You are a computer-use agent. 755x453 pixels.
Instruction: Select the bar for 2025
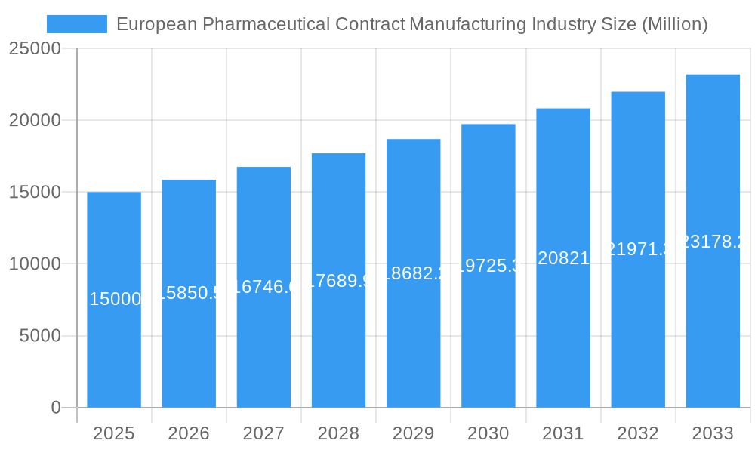[114, 347]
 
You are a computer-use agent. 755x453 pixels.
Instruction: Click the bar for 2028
[338, 340]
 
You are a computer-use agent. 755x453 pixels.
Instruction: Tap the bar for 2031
[563, 332]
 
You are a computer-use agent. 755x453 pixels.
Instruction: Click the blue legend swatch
[76, 24]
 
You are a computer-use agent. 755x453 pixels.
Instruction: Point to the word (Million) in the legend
[674, 24]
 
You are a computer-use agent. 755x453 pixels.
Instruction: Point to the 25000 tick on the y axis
[35, 48]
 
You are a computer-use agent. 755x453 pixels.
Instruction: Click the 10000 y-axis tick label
[35, 264]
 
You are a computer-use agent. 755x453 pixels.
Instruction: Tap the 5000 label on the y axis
[39, 336]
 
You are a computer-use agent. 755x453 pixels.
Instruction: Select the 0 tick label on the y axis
[55, 408]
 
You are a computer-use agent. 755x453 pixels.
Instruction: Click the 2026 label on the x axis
[189, 433]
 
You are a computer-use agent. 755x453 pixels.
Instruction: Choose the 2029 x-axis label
[413, 433]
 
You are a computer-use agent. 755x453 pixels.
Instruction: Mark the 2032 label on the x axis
[638, 433]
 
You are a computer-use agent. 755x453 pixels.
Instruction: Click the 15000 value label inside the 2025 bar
[115, 299]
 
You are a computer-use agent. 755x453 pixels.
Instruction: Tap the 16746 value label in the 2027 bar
[263, 287]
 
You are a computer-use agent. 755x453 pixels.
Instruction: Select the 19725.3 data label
[488, 266]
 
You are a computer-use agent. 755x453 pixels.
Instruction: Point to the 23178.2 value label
[713, 242]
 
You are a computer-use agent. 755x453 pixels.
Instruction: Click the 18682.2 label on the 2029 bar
[413, 273]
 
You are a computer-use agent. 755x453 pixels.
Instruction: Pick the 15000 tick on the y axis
[35, 192]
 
